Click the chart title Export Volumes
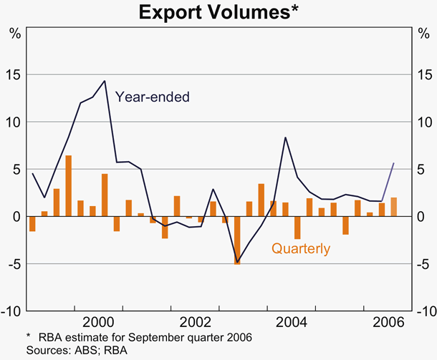(x=218, y=12)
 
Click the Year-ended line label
(x=152, y=96)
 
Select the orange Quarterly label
(x=300, y=249)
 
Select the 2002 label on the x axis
(x=195, y=321)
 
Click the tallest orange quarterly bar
(x=68, y=185)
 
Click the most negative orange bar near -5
(x=237, y=240)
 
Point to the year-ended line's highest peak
(x=105, y=81)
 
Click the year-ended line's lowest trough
(x=237, y=262)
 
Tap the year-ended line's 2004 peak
(x=285, y=137)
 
